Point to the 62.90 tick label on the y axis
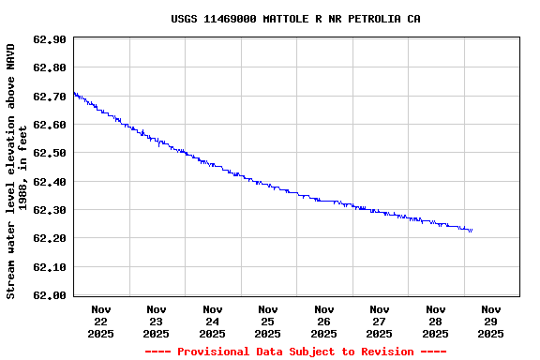[49, 39]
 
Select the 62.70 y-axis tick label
[49, 96]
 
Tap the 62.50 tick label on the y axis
[49, 153]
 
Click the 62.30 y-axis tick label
[49, 210]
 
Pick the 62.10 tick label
[49, 267]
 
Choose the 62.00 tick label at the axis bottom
[49, 295]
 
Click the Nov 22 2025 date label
[101, 321]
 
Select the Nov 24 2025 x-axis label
[213, 321]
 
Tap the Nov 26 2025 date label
[324, 321]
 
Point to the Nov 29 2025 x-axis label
[491, 321]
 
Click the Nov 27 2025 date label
[380, 321]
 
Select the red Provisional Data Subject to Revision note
[295, 352]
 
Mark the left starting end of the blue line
[74, 93]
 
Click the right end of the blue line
[472, 230]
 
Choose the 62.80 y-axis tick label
[49, 67]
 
